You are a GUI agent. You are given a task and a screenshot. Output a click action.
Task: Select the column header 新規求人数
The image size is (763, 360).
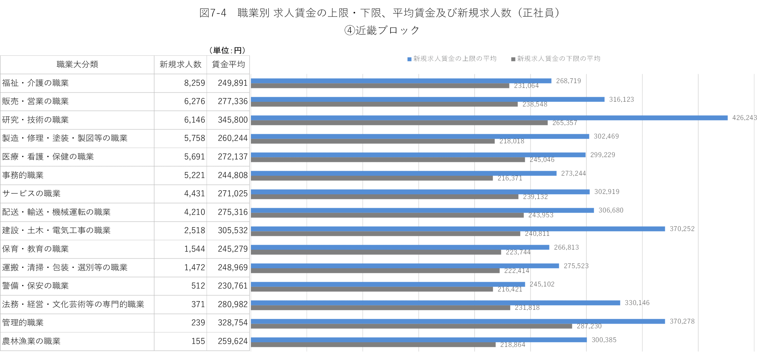180,65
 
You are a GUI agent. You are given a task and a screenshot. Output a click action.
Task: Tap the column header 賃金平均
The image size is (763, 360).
228,65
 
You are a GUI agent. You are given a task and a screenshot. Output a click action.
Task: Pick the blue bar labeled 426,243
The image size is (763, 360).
489,118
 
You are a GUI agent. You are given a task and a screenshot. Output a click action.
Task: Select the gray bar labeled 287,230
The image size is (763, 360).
412,326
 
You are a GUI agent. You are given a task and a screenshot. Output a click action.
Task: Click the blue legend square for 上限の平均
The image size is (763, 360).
409,59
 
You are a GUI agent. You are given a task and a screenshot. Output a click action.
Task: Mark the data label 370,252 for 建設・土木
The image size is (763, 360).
682,229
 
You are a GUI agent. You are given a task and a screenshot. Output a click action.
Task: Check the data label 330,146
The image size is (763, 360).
637,302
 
